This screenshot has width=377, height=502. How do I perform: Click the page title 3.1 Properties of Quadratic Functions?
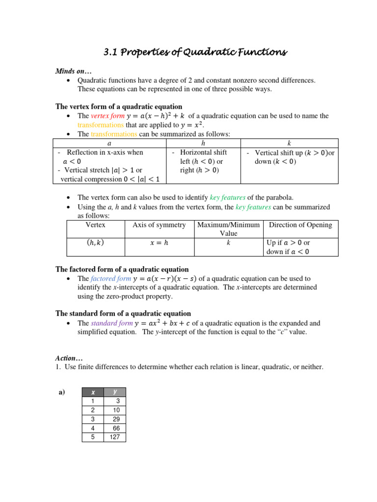pos(188,52)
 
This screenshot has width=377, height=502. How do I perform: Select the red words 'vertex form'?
pos(108,116)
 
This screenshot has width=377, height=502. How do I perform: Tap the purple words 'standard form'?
pos(111,323)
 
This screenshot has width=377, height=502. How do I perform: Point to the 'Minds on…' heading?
pos(72,71)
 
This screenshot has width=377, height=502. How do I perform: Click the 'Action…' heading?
pos(69,358)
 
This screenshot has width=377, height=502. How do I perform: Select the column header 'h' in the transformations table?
pos(203,143)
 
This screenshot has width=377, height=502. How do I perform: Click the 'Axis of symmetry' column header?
pos(159,225)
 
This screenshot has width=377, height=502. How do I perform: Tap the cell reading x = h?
pos(159,242)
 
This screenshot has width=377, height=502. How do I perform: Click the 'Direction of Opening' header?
pos(300,225)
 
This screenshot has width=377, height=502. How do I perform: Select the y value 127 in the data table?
pos(115,437)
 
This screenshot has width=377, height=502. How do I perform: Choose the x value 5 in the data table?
pos(93,437)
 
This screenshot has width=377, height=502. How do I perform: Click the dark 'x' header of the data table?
pos(93,392)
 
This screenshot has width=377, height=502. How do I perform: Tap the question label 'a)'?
pos(62,392)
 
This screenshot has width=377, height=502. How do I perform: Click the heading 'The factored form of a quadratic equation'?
pos(122,269)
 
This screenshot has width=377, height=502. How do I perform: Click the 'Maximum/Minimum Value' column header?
pos(228,229)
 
